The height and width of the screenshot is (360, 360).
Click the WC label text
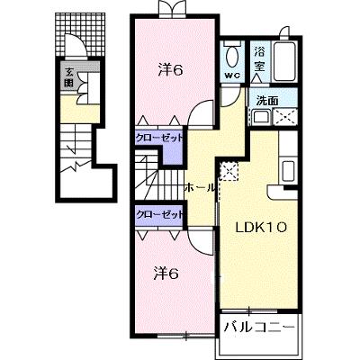click(232, 76)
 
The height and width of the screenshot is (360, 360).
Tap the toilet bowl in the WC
click(232, 57)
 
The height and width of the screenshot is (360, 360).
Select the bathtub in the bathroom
click(284, 62)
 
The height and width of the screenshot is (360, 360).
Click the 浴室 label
click(259, 60)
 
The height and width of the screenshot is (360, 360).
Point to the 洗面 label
click(266, 101)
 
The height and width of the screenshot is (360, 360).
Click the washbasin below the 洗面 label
click(261, 117)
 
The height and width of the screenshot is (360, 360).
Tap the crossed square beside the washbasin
click(285, 117)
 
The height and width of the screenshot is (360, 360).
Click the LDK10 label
click(260, 228)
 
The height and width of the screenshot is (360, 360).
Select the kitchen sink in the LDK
click(288, 171)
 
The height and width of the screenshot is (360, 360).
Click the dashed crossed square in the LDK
click(229, 171)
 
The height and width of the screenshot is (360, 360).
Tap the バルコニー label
click(259, 327)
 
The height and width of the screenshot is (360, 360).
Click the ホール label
click(200, 188)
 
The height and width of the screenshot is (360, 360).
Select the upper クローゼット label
click(159, 138)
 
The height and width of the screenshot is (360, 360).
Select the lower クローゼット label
click(159, 214)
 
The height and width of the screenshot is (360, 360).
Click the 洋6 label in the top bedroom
click(170, 71)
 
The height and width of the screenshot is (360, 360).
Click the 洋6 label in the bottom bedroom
click(166, 274)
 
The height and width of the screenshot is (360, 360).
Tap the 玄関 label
click(69, 77)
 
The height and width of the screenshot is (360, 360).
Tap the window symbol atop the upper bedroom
click(172, 7)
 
